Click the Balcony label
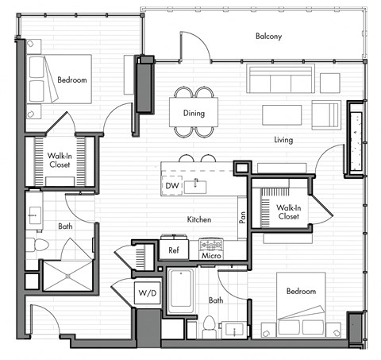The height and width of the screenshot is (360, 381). coord(269,37)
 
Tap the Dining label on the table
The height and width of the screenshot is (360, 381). coord(193,114)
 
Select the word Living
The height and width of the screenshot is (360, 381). coord(283,141)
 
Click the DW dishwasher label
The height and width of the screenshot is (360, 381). coord(171,186)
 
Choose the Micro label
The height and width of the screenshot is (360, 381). coord(210,256)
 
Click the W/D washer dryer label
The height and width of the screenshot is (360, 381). coord(148,293)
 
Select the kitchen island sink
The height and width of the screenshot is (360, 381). coord(200,187)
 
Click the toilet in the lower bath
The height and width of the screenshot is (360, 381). coord(210,326)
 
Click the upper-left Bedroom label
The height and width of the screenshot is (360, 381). coord(71,80)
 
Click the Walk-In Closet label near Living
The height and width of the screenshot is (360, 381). coord(287,212)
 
